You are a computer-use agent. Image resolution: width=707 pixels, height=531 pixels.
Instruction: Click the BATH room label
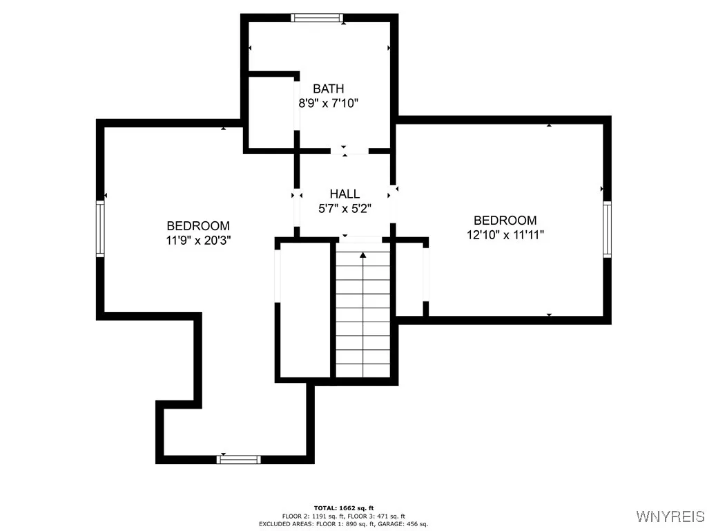click(x=328, y=88)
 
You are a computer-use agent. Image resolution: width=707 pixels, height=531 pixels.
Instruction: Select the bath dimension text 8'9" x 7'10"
click(x=328, y=103)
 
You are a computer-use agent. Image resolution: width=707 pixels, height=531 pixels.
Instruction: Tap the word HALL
click(x=344, y=194)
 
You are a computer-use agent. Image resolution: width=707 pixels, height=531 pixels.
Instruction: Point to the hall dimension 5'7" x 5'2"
click(x=344, y=209)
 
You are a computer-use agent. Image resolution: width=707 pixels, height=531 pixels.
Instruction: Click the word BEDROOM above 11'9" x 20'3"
click(x=198, y=225)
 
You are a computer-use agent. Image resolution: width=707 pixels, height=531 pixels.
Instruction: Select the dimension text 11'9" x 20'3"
click(x=198, y=240)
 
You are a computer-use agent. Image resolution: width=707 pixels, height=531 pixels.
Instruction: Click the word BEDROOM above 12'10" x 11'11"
click(x=505, y=220)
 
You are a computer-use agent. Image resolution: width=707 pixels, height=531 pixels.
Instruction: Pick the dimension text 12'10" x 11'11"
click(x=505, y=234)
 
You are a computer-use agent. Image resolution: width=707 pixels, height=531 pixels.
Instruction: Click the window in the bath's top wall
click(x=317, y=18)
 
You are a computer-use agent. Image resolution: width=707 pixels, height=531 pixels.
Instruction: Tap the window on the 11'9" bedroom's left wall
click(x=100, y=229)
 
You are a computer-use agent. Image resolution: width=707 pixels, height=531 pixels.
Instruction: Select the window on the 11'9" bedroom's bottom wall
click(x=239, y=459)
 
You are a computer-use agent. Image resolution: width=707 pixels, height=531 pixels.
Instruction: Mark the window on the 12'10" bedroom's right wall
click(x=607, y=229)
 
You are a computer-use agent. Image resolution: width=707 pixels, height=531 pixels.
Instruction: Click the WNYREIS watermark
click(x=670, y=516)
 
